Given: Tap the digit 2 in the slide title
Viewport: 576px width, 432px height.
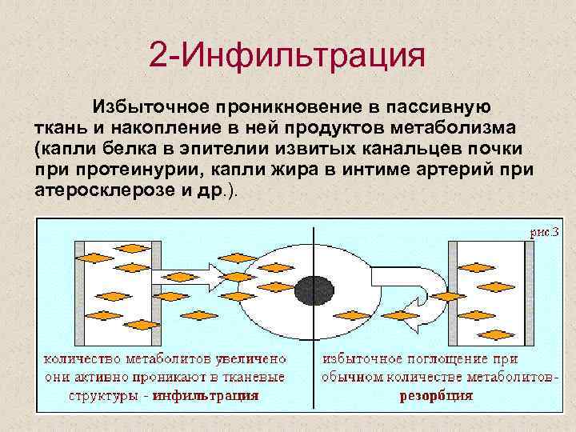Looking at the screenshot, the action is point(158,58).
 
